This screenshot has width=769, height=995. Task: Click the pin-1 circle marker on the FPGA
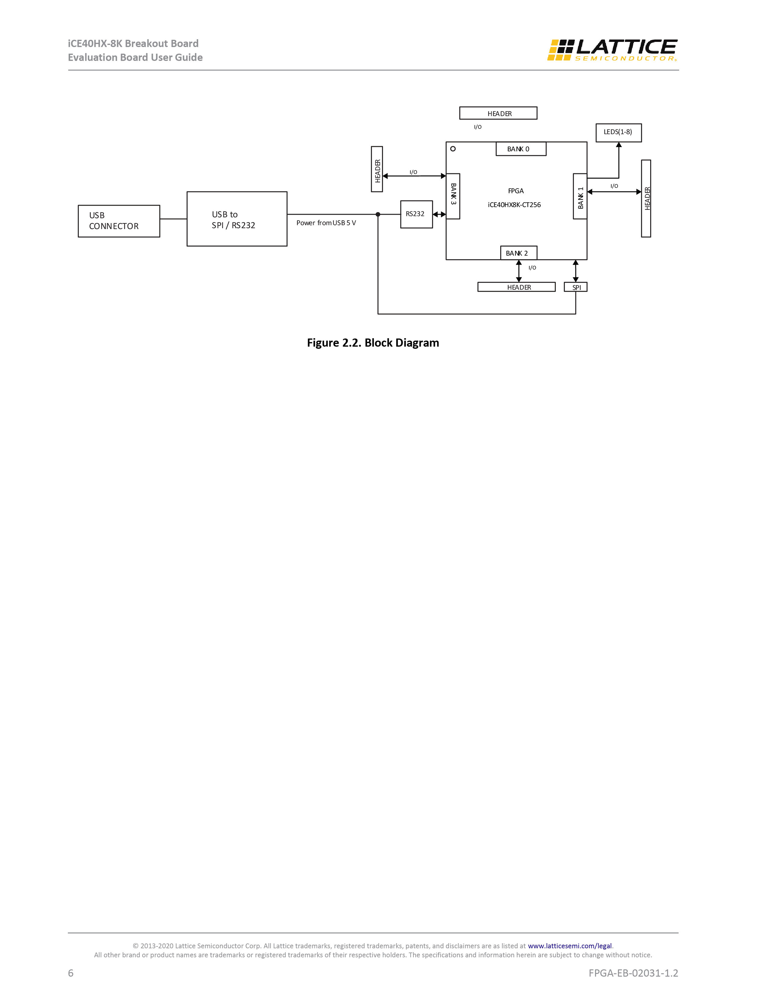(x=453, y=149)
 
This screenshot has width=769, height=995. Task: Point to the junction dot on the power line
(x=378, y=214)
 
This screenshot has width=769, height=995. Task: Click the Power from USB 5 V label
(x=326, y=223)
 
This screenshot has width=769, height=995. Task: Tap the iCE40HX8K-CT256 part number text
(x=514, y=205)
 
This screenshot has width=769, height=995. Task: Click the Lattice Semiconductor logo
(x=612, y=50)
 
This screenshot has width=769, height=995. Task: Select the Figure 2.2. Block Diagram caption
(x=373, y=343)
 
